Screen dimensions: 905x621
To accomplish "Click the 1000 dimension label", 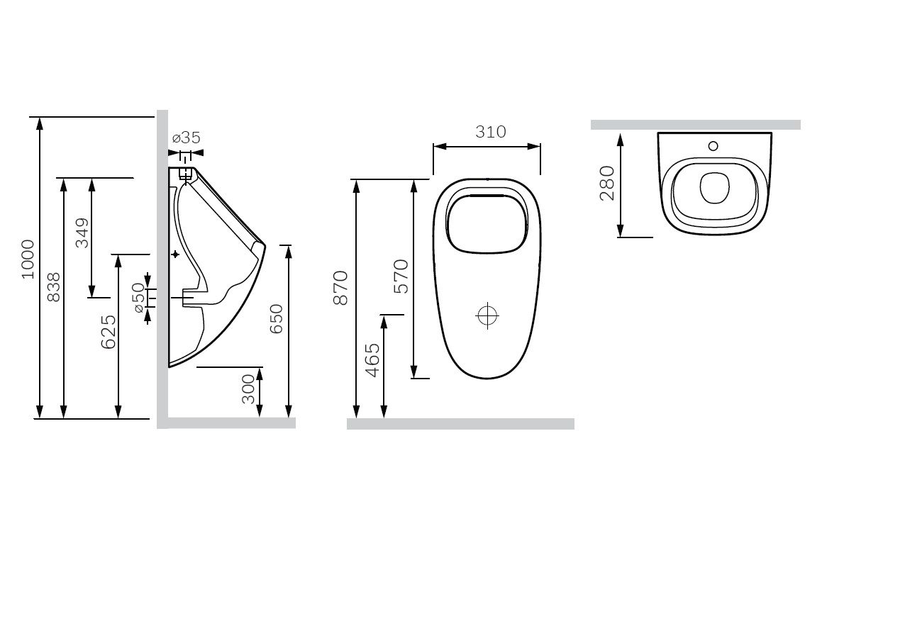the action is click(28, 259).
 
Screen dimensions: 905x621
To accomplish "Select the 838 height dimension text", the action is click(53, 287).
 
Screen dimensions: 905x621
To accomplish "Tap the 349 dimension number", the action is click(82, 233).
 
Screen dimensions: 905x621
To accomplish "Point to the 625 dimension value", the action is click(108, 332).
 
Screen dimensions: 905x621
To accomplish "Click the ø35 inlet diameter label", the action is click(187, 138).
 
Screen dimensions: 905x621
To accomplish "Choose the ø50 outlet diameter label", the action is click(138, 298).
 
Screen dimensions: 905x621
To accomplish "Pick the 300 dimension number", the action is click(248, 389).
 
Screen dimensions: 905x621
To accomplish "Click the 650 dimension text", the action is click(276, 319).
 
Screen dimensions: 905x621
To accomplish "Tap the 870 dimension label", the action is click(340, 288).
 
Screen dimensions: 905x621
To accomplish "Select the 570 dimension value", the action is click(401, 276).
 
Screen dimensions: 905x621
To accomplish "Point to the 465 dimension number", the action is click(372, 361).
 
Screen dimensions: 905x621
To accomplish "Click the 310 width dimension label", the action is click(491, 132).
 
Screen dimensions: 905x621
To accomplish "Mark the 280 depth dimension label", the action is click(607, 184).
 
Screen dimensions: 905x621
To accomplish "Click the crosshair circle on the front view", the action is click(487, 315).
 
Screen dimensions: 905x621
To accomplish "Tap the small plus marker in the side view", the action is click(175, 254).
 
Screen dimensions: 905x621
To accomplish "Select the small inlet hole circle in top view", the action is click(713, 146).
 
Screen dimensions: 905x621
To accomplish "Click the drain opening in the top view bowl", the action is click(714, 188).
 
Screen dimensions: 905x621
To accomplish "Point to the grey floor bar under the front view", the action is click(460, 423).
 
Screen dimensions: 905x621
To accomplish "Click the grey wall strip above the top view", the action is click(695, 125).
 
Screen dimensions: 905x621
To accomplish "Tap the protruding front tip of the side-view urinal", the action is click(265, 245).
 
